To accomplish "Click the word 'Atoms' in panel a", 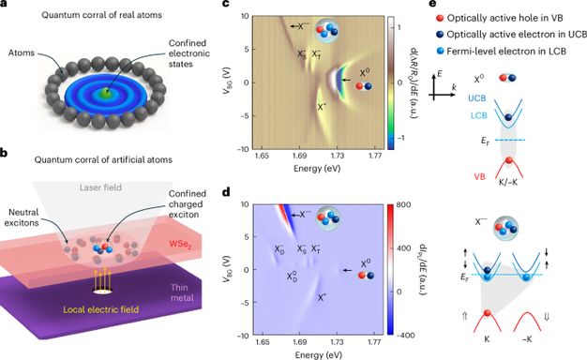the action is pos(22,52).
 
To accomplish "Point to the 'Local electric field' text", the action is pos(100,309).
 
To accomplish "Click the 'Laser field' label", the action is pos(100,187).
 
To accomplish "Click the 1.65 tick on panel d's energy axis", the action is pos(263,342).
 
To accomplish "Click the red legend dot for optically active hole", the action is pos(441,18).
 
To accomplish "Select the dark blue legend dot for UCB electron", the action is pos(441,35).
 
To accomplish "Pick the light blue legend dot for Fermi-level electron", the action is pos(441,52).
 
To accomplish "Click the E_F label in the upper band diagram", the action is pos(486,142).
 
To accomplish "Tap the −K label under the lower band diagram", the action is pos(527,339).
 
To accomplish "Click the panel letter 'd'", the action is pos(225,193).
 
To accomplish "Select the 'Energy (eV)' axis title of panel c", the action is pos(317,168).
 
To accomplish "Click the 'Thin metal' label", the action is pos(182,292).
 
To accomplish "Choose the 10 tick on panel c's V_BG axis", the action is pos(244,16).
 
